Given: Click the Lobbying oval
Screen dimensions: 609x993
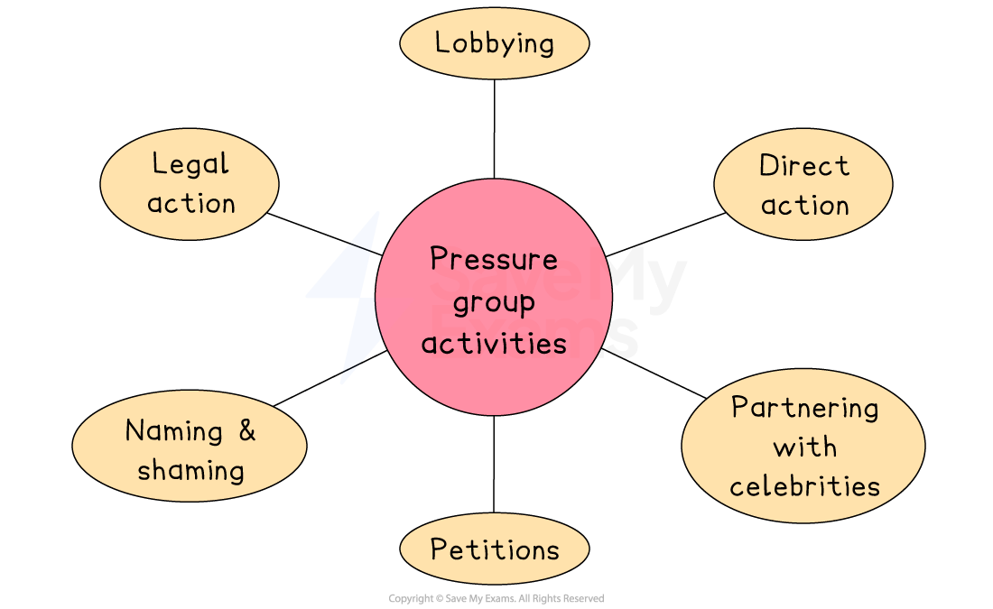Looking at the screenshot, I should click(494, 42).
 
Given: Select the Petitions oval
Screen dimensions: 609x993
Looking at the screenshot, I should click(494, 549).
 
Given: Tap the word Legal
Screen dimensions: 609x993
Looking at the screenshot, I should click(190, 164).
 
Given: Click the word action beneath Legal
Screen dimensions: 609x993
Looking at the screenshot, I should click(190, 203).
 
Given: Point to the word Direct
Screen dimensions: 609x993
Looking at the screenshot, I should click(803, 166).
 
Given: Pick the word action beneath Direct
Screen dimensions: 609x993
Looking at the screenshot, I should click(804, 206).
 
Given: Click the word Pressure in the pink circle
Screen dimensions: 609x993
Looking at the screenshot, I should click(494, 259).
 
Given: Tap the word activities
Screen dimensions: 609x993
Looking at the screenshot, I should click(494, 343).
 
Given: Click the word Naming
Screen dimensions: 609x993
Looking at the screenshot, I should click(173, 430).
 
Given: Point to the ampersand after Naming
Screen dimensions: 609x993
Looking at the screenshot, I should click(246, 430).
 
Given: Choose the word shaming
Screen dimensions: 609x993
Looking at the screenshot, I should click(190, 470).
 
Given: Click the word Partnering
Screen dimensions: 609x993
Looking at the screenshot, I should click(804, 407).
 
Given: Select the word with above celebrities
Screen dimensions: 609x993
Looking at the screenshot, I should click(804, 447).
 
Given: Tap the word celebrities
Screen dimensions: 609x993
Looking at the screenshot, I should click(804, 486).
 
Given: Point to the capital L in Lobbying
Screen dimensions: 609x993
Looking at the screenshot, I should click(441, 42).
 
